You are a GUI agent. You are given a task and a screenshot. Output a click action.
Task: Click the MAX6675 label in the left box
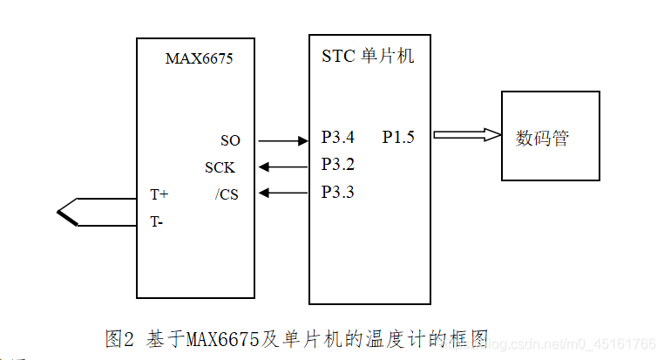point(199,59)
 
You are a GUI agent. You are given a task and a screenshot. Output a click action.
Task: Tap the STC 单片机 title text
point(368,58)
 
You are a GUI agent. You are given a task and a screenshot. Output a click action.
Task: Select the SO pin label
point(230,140)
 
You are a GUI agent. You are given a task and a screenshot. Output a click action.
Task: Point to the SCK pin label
point(220,167)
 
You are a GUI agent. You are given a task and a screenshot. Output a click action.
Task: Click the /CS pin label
point(227,194)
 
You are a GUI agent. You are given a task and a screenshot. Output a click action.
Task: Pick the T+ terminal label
point(159,194)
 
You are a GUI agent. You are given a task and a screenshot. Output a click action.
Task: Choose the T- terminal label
point(156,221)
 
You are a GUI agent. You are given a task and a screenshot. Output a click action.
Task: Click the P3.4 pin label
point(338,137)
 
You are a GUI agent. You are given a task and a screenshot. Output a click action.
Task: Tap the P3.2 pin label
point(338,164)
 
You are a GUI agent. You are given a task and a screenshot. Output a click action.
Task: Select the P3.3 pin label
point(338,192)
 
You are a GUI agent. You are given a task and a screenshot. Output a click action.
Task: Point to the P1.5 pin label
point(398,137)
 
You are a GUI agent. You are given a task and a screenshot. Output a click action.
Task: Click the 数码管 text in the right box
point(542,138)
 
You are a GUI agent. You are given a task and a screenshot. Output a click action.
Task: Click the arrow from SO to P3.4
point(284,140)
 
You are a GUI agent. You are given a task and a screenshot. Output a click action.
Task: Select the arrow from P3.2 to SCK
point(284,166)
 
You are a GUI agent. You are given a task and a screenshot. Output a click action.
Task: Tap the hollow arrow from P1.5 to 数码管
point(467,134)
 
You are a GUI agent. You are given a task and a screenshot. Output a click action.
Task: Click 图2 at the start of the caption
point(118,339)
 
